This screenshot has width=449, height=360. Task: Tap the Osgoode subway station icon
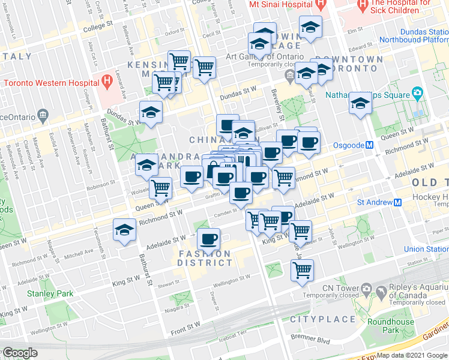pyautogui.click(x=370, y=145)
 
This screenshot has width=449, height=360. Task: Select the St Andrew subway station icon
pyautogui.click(x=397, y=202)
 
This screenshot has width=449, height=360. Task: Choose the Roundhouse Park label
pyautogui.click(x=391, y=326)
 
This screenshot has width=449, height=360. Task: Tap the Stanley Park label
pyautogui.click(x=50, y=293)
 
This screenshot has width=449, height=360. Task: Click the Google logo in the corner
pyautogui.click(x=20, y=353)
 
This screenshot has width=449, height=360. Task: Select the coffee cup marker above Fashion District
pyautogui.click(x=208, y=239)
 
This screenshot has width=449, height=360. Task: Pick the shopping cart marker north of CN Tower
pyautogui.click(x=303, y=269)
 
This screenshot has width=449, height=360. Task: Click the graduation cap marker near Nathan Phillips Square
pyautogui.click(x=360, y=103)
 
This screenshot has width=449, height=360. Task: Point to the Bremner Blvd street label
pyautogui.click(x=316, y=340)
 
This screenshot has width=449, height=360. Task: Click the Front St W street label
pyautogui.click(x=185, y=325)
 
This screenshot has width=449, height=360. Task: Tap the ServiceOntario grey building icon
pyautogui.click(x=42, y=114)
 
